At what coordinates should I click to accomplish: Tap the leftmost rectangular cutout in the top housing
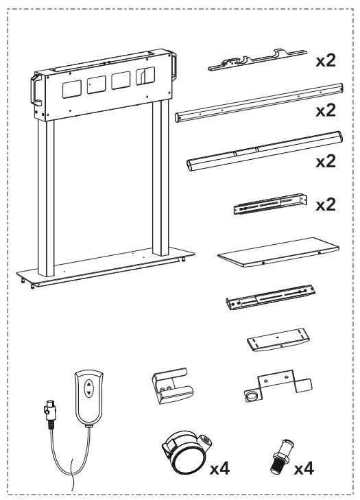pyautogui.click(x=71, y=87)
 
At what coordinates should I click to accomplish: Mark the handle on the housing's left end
pyautogui.click(x=34, y=92)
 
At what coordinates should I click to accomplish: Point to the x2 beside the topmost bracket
pyautogui.click(x=326, y=61)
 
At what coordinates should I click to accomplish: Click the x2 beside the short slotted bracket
pyautogui.click(x=326, y=204)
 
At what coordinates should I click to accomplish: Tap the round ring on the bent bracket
pyautogui.click(x=252, y=395)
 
